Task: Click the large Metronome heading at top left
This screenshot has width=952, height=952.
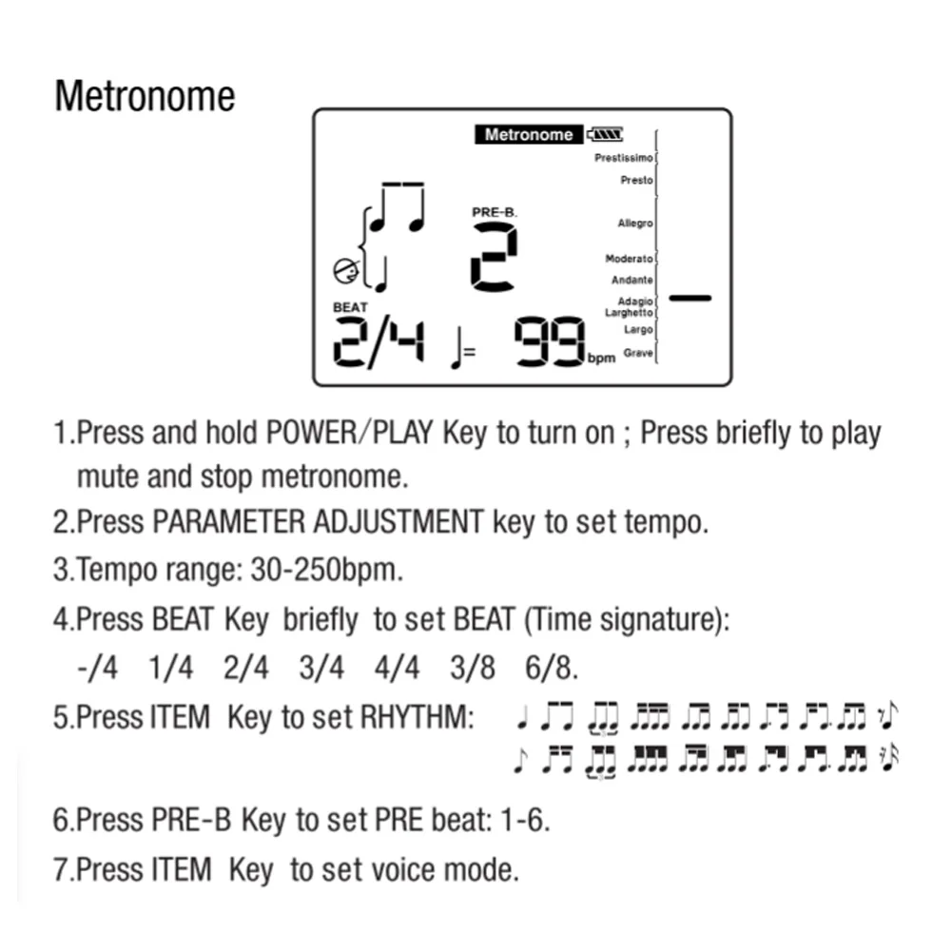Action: pos(145,97)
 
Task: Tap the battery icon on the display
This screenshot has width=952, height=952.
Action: pos(605,134)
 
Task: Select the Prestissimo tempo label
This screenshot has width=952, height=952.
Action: pos(624,158)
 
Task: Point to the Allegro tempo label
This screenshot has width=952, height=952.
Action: pos(635,223)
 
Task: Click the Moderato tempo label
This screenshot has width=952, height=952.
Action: pos(629,259)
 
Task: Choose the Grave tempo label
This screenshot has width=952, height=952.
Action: pos(638,353)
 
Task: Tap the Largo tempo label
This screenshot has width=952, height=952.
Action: pos(638,329)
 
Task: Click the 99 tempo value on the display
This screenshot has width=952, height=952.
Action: pos(550,341)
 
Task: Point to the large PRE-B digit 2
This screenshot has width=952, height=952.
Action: pos(495,257)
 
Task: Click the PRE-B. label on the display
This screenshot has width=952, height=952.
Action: pos(495,212)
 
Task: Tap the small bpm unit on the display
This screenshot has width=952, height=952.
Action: pos(601,359)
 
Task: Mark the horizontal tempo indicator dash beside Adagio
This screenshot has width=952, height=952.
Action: pos(690,298)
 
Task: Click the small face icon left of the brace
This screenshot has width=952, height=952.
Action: pos(346,271)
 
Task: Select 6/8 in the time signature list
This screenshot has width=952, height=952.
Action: pos(552,668)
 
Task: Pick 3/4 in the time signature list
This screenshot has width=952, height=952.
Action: pos(321,668)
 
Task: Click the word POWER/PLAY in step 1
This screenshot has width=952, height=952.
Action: pos(349,433)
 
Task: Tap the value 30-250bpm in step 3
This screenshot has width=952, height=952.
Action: pos(326,570)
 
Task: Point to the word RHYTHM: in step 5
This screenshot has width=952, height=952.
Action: pos(418,717)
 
